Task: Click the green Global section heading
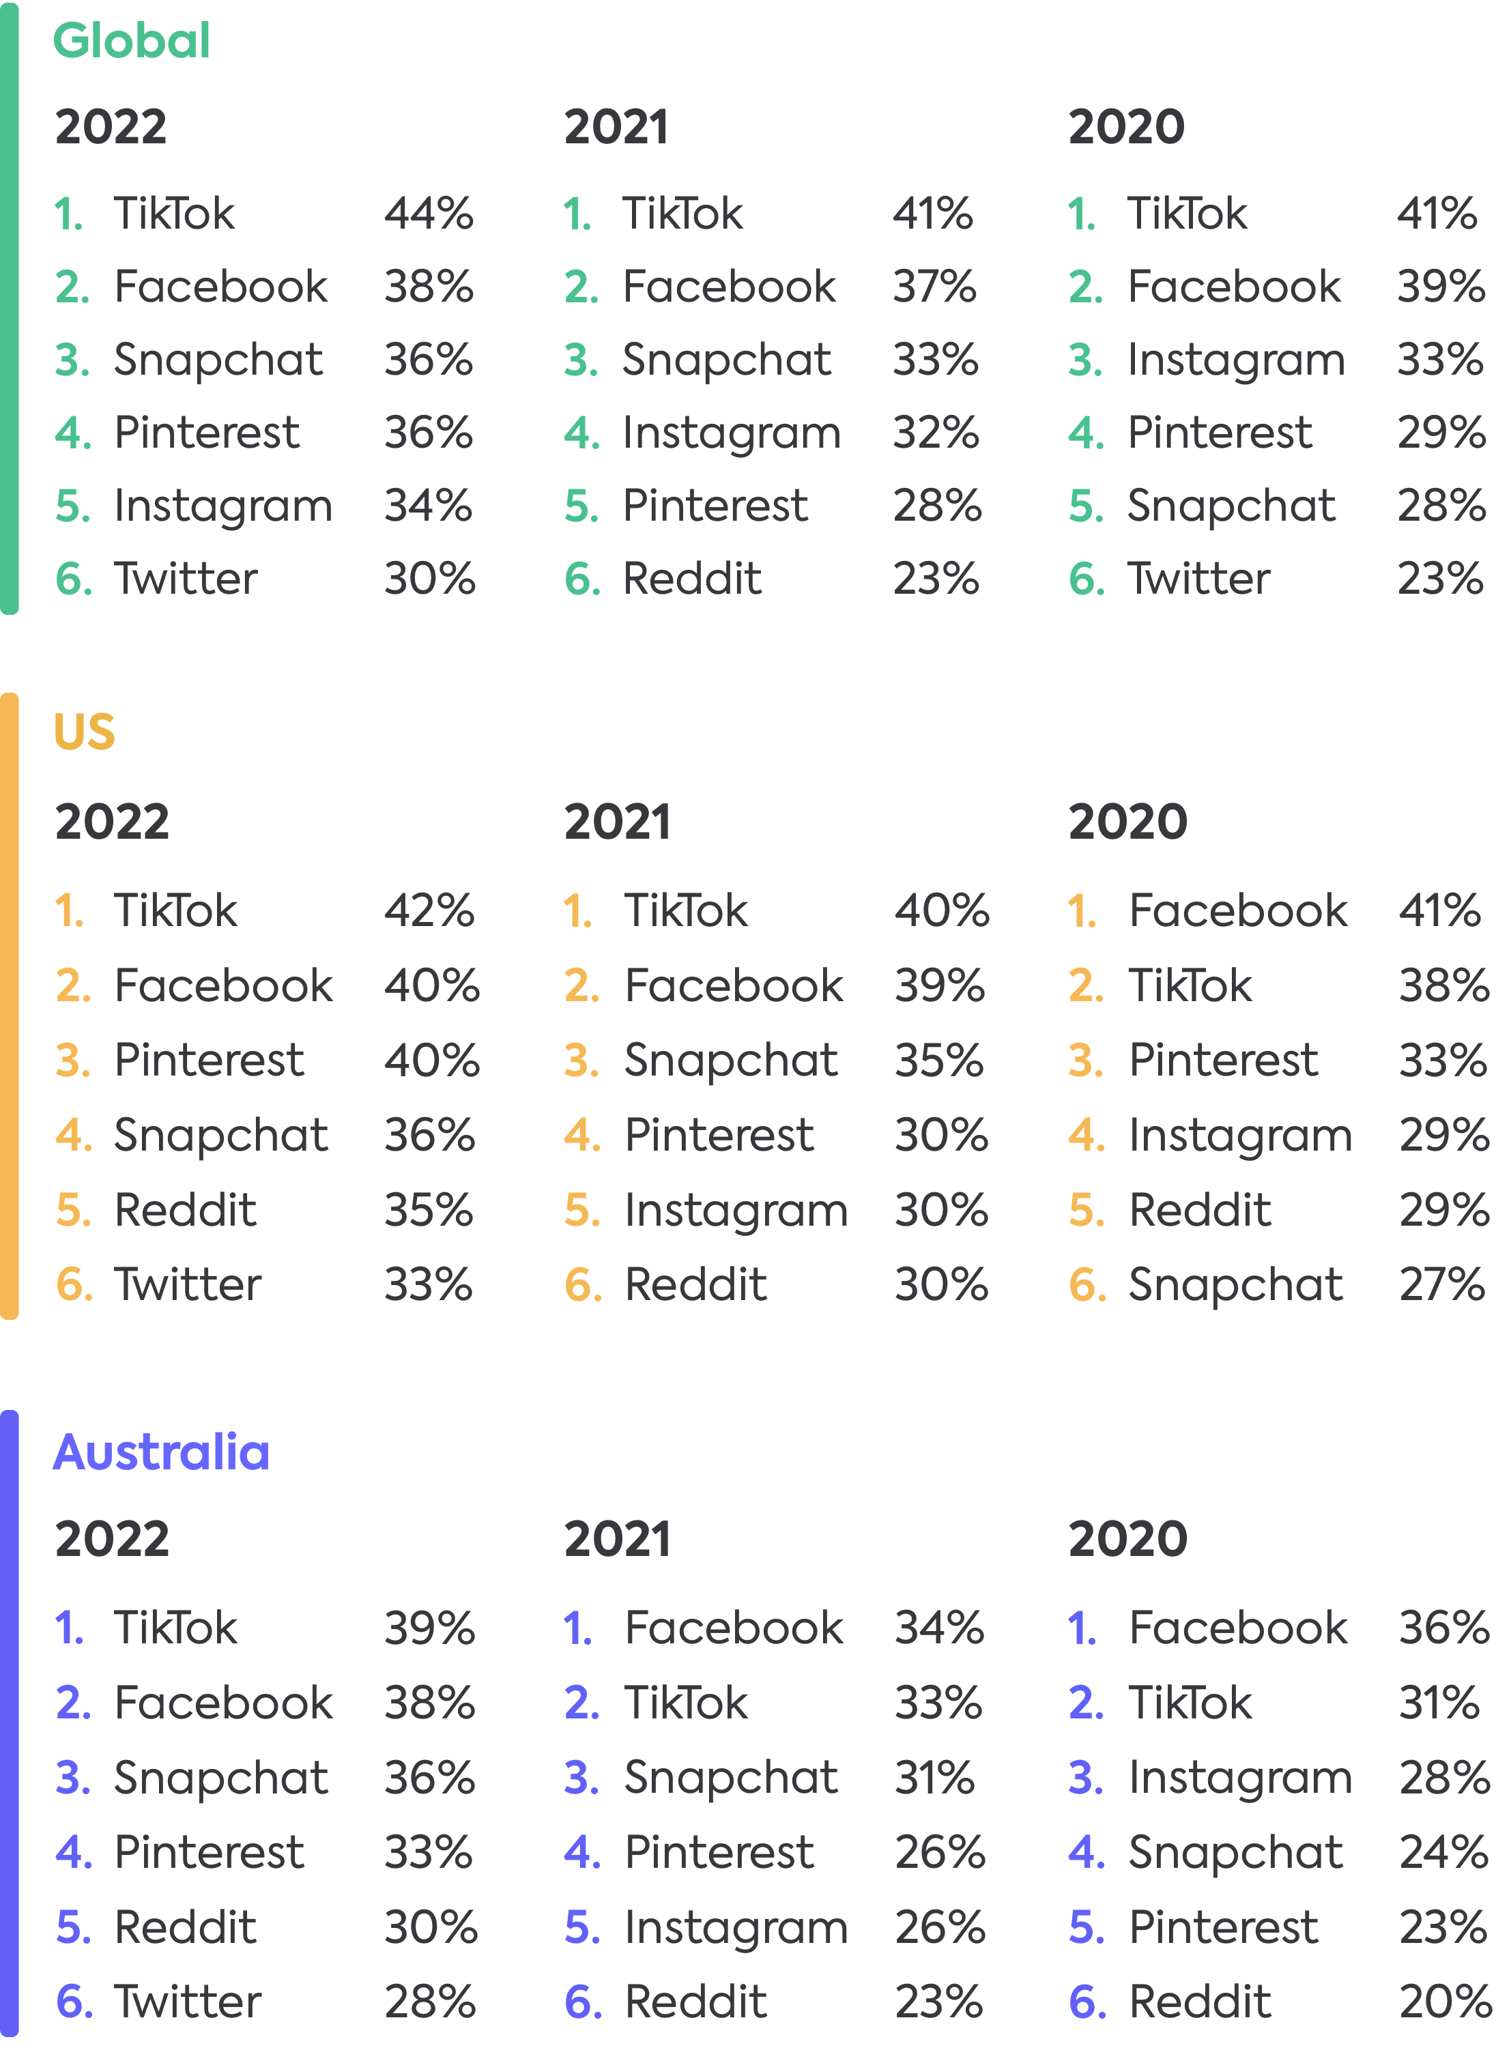pyautogui.click(x=132, y=42)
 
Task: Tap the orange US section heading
pyautogui.click(x=85, y=732)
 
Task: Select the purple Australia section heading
pyautogui.click(x=162, y=1452)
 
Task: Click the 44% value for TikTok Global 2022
pyautogui.click(x=428, y=214)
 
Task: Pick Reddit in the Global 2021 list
pyautogui.click(x=691, y=579)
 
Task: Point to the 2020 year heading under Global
pyautogui.click(x=1126, y=126)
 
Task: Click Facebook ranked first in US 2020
pyautogui.click(x=1238, y=910)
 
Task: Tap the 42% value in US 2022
pyautogui.click(x=429, y=910)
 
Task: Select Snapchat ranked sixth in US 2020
pyautogui.click(x=1235, y=1285)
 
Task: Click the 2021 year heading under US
pyautogui.click(x=617, y=822)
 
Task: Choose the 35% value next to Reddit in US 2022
pyautogui.click(x=428, y=1211)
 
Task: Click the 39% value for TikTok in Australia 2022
pyautogui.click(x=429, y=1628)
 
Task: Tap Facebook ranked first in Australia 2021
pyautogui.click(x=734, y=1628)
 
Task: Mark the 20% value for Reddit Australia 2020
pyautogui.click(x=1443, y=2002)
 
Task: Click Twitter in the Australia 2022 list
pyautogui.click(x=187, y=2002)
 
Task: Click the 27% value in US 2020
pyautogui.click(x=1442, y=1285)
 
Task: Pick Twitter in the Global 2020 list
pyautogui.click(x=1198, y=579)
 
